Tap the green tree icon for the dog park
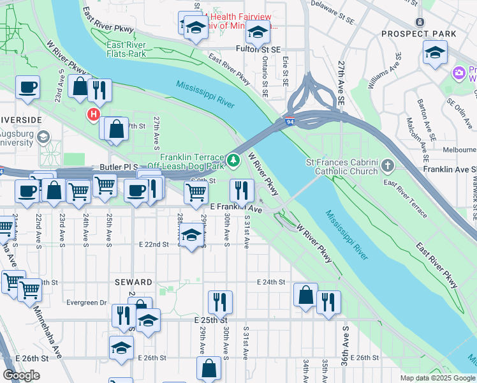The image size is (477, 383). (234, 160)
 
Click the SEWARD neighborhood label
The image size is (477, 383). (133, 282)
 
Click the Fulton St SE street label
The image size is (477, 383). (258, 49)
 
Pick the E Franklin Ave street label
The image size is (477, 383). (236, 209)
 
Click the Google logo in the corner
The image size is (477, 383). (21, 375)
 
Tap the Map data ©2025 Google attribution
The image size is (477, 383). (437, 377)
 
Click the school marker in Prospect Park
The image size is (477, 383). (435, 52)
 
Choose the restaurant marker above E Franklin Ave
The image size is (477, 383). (242, 190)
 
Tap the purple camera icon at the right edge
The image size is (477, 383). (459, 73)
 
